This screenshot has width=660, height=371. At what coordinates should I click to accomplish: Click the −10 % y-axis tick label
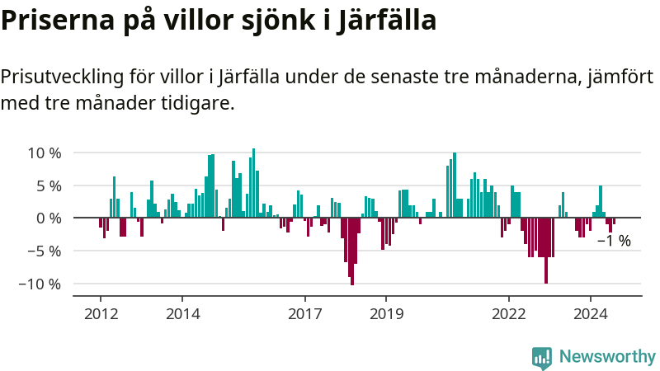pos(40,284)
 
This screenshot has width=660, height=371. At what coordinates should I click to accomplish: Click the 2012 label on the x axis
pos(101,314)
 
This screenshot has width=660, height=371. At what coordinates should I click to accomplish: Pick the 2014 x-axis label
pos(182,314)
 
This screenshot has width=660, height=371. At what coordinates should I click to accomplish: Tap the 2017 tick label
pos(305,314)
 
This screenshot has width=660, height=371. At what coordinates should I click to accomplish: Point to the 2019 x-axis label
pos(386,314)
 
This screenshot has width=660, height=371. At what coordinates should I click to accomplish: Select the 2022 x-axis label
pos(509,314)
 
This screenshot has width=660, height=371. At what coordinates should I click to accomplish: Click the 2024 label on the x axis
pos(591,314)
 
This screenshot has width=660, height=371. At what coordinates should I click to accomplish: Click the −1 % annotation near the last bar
pos(614,241)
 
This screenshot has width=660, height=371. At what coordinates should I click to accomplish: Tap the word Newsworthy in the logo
pos(607,357)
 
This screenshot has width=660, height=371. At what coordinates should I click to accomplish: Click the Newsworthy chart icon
pos(542,357)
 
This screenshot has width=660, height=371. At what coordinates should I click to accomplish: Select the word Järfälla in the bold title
pos(388,20)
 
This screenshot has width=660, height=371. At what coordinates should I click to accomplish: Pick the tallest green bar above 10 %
pos(253,183)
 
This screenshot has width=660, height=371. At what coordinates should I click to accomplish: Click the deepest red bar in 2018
pos(352,251)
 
